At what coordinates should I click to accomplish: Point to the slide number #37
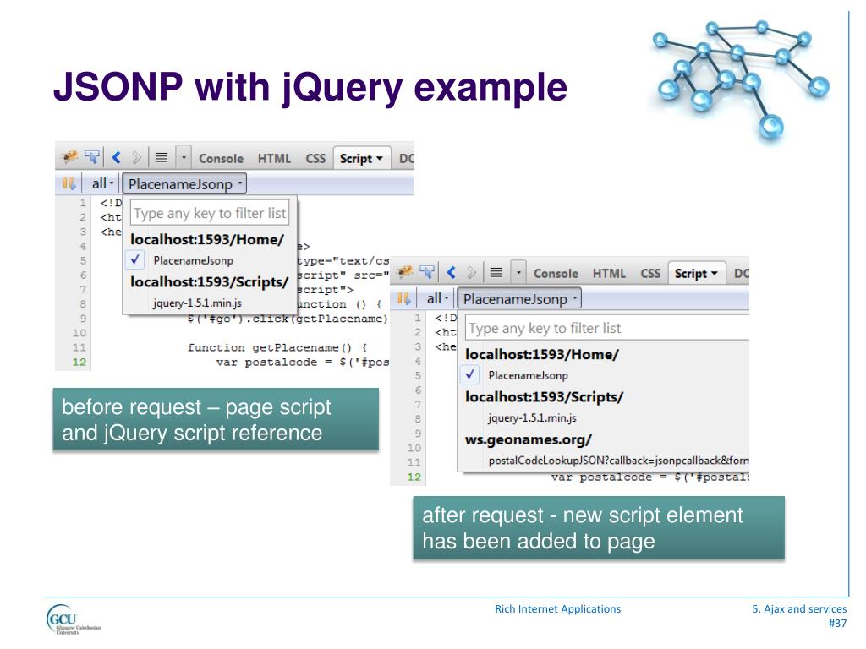click(836, 624)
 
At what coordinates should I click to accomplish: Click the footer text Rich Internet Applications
click(557, 608)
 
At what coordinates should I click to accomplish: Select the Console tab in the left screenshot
click(221, 158)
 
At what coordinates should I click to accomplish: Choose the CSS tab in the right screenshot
click(650, 273)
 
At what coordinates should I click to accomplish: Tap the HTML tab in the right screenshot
click(609, 273)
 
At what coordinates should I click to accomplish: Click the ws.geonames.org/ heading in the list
click(529, 439)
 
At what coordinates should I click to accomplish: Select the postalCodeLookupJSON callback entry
click(618, 461)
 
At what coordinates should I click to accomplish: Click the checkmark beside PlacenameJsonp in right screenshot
click(472, 374)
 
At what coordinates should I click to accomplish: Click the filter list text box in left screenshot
click(210, 213)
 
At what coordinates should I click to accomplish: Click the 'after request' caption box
click(599, 527)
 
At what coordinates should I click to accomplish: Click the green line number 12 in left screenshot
click(80, 363)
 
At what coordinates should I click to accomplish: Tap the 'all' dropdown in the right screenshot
click(437, 298)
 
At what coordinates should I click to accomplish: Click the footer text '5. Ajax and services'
click(799, 608)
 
